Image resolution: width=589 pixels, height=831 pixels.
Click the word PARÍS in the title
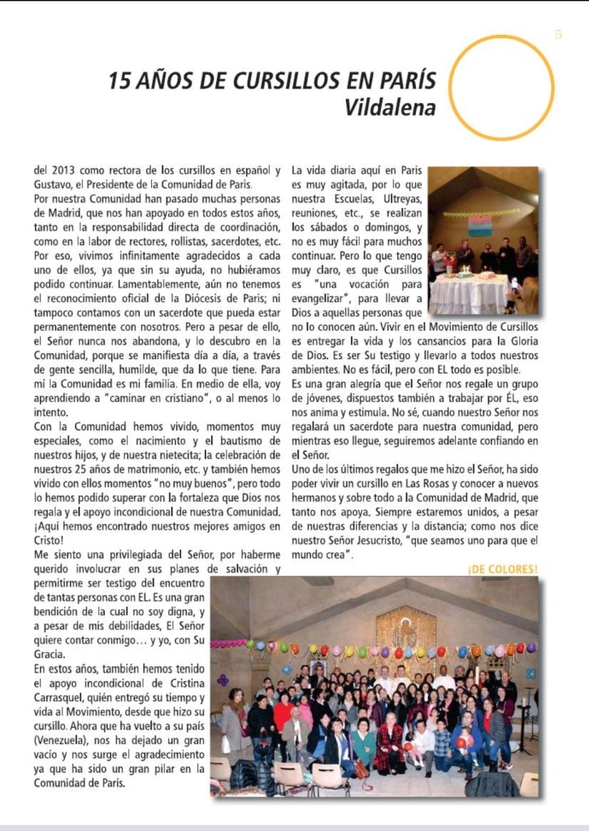(404, 81)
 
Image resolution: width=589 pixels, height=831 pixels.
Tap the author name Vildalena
(389, 107)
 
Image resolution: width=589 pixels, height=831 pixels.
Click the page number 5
(558, 34)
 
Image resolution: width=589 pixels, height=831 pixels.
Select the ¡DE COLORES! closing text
(502, 569)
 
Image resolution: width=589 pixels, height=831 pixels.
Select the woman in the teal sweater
(363, 741)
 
